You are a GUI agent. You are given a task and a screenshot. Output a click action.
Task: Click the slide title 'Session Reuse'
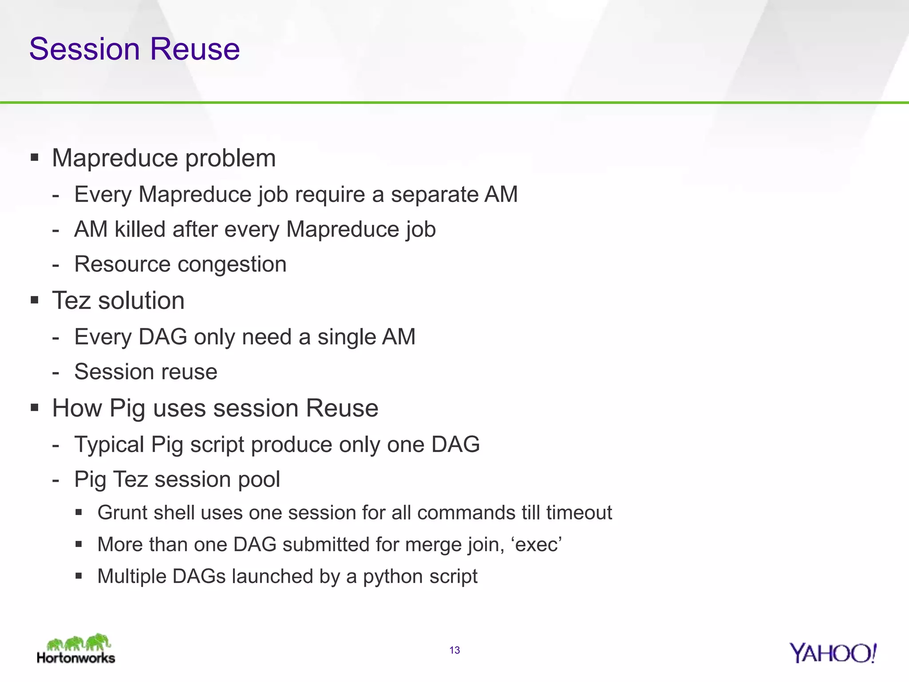point(134,49)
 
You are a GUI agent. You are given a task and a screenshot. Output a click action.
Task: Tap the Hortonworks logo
point(76,650)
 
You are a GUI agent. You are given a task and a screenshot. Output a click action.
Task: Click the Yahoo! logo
point(832,653)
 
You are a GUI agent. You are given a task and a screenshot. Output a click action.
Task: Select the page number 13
point(454,650)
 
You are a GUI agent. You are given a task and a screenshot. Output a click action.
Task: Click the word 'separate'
point(434,195)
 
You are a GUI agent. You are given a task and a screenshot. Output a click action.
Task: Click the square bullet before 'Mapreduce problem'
point(35,157)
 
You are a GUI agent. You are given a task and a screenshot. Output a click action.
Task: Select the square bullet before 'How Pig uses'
point(35,407)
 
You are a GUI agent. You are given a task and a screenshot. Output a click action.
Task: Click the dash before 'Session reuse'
point(55,373)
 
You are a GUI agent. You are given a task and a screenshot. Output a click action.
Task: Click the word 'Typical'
point(109,445)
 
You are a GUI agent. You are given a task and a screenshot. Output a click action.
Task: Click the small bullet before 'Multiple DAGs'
point(79,576)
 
